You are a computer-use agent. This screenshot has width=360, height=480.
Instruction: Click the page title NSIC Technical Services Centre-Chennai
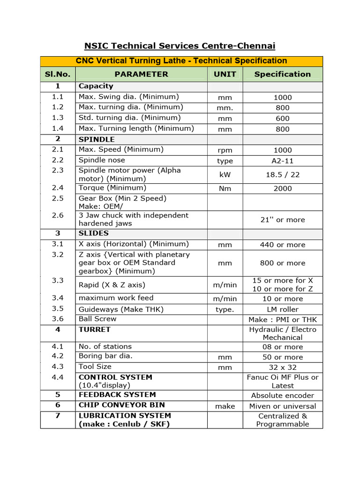[180, 46]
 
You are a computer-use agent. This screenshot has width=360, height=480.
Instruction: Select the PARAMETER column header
[141, 74]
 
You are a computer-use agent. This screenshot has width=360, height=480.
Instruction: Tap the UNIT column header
[225, 74]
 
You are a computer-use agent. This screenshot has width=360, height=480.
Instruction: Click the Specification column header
[282, 74]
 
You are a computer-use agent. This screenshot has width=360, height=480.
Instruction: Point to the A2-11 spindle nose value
[282, 161]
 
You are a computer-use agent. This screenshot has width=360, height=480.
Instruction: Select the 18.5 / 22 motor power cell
[282, 174]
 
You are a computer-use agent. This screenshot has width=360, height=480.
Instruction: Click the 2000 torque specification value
[282, 188]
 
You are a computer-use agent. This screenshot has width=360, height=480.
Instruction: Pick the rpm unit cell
[225, 150]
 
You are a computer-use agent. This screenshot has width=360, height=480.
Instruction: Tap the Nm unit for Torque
[225, 188]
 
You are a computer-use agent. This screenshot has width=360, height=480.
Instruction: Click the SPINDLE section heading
[97, 139]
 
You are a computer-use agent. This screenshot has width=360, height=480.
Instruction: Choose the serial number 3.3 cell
[58, 280]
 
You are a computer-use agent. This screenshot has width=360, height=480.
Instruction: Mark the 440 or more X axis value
[282, 245]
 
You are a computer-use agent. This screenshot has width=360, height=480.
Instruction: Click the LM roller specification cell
[282, 309]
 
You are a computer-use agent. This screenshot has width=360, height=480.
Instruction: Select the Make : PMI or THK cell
[282, 320]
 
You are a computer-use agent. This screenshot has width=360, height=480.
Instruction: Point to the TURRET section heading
[95, 330]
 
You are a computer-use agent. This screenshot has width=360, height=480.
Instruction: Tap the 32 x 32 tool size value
[282, 367]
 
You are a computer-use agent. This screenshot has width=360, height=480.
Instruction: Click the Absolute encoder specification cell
[282, 396]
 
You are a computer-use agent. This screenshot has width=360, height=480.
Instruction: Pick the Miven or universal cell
[282, 406]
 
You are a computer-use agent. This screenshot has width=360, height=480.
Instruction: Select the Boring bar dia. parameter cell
[105, 356]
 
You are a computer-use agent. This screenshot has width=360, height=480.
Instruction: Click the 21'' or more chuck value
[282, 220]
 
